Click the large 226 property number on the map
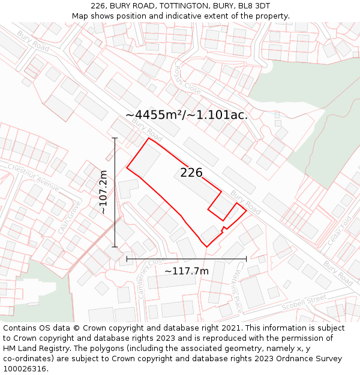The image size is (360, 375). [191, 173]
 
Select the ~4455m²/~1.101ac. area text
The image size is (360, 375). [187, 115]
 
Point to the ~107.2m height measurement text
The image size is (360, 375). [103, 192]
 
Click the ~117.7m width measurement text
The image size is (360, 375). [187, 271]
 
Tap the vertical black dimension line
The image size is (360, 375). [115, 192]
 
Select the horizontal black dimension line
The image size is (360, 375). [187, 259]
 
